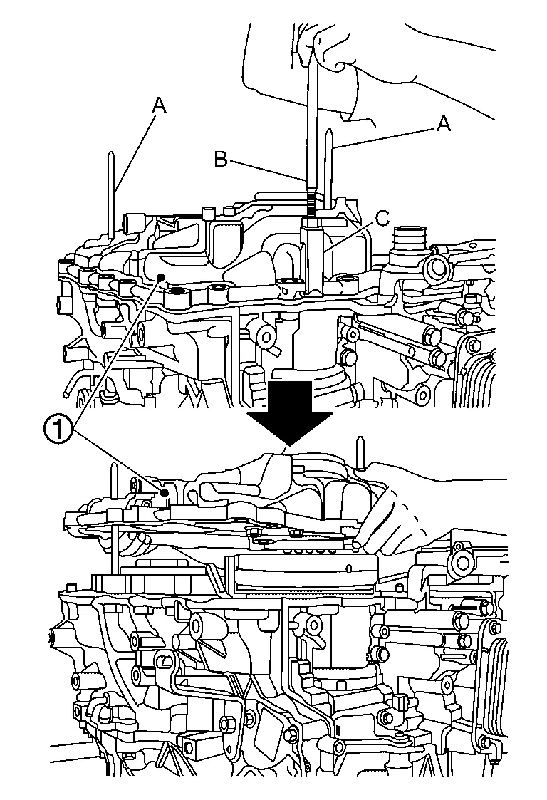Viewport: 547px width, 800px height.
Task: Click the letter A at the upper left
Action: (159, 105)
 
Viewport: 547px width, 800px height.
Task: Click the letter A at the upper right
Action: (444, 124)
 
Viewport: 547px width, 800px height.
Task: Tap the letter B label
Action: (221, 160)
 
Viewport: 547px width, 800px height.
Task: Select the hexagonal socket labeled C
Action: (313, 256)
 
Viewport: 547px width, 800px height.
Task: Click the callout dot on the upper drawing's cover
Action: (163, 277)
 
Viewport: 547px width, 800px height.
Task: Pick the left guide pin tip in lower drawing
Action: (115, 474)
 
